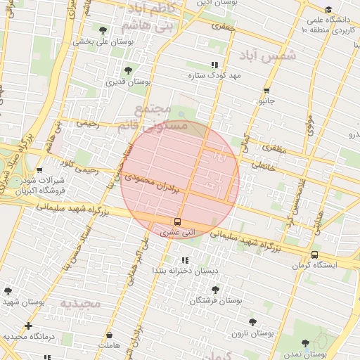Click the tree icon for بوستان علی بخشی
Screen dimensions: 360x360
click(103, 30)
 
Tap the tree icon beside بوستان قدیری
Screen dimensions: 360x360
click(128, 70)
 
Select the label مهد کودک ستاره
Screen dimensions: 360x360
click(214, 75)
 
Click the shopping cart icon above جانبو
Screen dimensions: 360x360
click(266, 91)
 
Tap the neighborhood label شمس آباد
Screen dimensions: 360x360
click(269, 55)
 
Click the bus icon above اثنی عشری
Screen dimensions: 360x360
click(176, 221)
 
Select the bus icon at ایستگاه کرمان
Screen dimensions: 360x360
click(314, 255)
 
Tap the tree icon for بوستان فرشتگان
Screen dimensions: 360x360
click(215, 289)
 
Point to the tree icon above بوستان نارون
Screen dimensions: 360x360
click(252, 322)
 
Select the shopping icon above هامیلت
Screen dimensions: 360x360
click(110, 335)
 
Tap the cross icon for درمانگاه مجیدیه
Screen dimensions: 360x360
click(28, 326)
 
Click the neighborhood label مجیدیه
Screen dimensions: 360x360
click(80, 304)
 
